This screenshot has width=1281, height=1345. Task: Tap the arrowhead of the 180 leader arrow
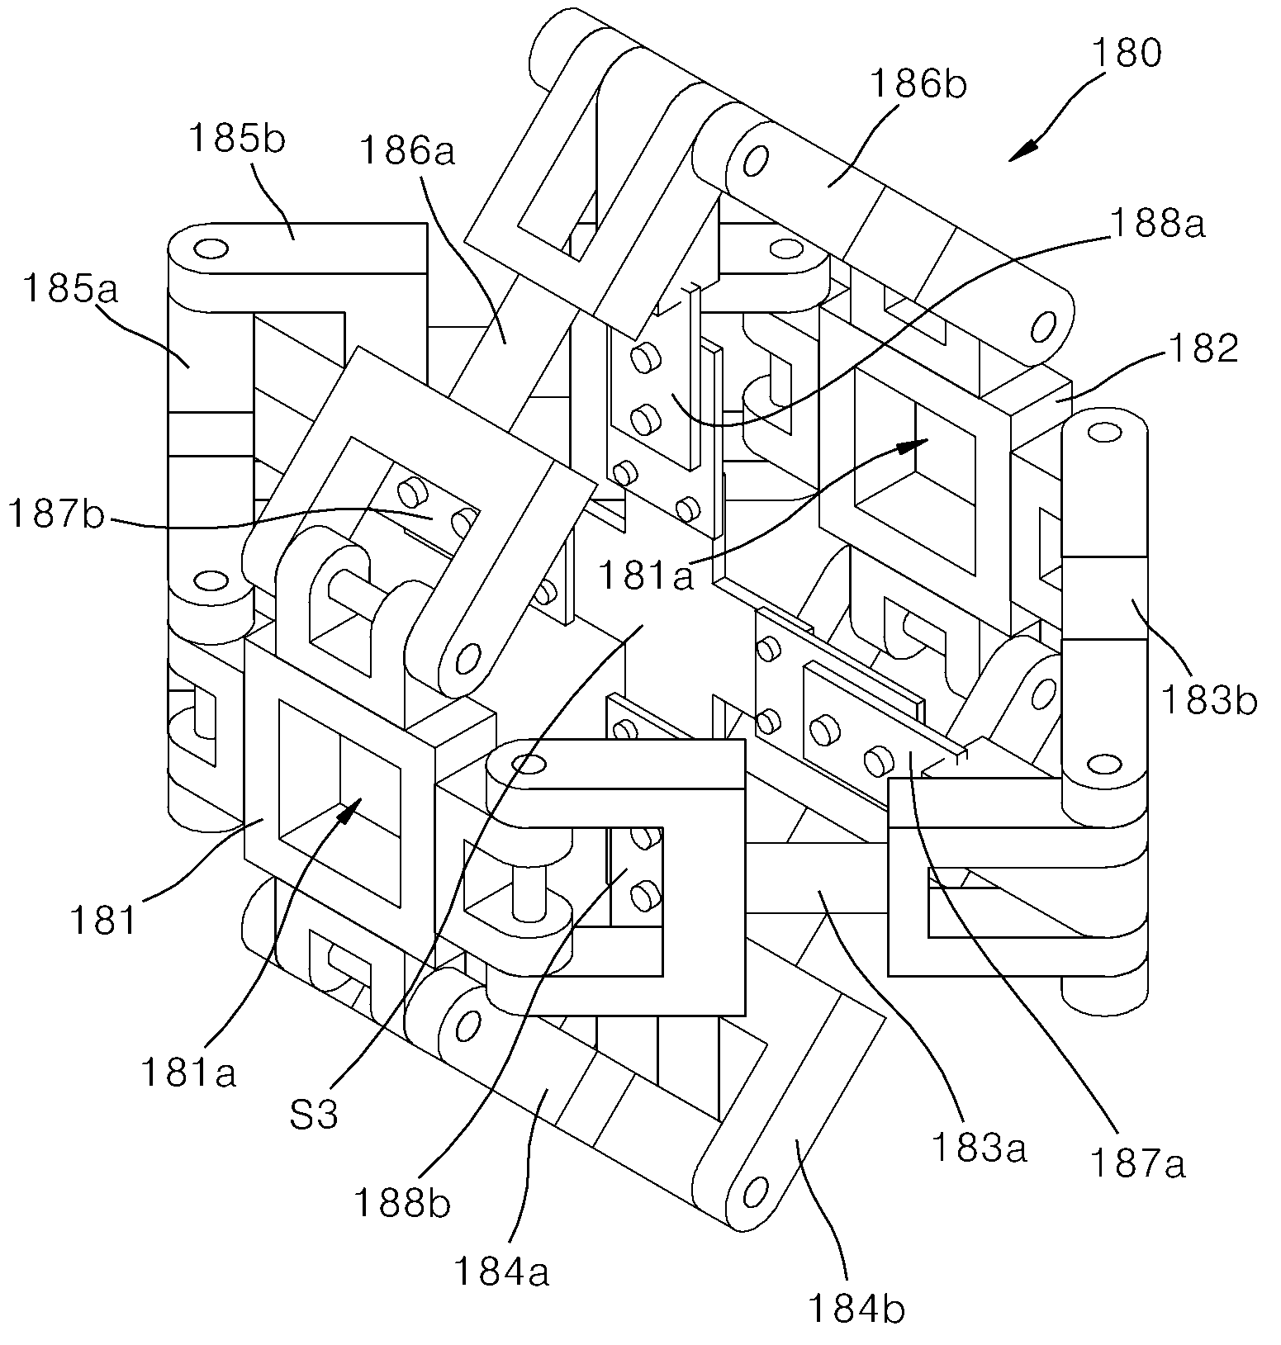tap(1022, 151)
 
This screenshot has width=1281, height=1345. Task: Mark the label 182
tap(1203, 348)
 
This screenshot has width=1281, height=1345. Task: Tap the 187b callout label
tap(56, 514)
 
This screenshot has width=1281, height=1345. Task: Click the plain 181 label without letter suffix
tap(102, 920)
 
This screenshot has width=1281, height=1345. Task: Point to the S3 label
tap(315, 1115)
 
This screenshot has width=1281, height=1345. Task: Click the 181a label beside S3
tap(188, 1072)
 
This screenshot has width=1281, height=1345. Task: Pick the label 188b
tap(402, 1203)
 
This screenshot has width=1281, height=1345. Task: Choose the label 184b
tap(856, 1308)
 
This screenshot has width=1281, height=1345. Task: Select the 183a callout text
tap(979, 1147)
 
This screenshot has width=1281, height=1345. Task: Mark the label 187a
tap(1137, 1163)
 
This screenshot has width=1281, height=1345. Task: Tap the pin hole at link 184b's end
tap(752, 1192)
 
